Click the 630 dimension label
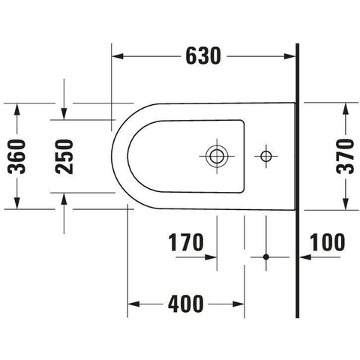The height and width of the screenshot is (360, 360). pyautogui.click(x=203, y=55)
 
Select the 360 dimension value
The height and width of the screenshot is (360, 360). pyautogui.click(x=16, y=157)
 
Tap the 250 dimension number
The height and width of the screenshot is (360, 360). pyautogui.click(x=64, y=157)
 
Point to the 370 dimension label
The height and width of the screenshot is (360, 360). pyautogui.click(x=345, y=157)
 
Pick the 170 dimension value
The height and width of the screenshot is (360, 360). pyautogui.click(x=186, y=242)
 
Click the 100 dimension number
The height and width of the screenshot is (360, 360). pyautogui.click(x=327, y=242)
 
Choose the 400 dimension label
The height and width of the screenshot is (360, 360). pyautogui.click(x=185, y=304)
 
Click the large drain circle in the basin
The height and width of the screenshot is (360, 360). pyautogui.click(x=217, y=156)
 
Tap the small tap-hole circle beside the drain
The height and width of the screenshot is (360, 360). pyautogui.click(x=265, y=156)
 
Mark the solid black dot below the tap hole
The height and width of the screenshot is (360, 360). pyautogui.click(x=266, y=256)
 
